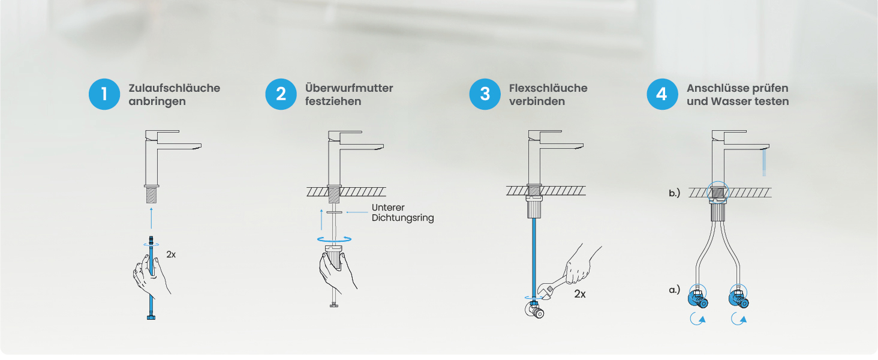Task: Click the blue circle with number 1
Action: tap(104, 94)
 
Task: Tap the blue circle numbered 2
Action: tap(281, 94)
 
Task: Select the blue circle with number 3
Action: tap(485, 94)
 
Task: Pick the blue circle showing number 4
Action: tap(662, 94)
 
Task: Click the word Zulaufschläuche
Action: tap(175, 88)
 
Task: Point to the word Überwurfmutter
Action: tap(349, 88)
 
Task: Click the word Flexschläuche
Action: tap(548, 88)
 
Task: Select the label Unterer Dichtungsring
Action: tap(402, 212)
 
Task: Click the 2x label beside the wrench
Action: tap(580, 294)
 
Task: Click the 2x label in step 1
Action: tap(171, 254)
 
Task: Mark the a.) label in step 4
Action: tap(674, 290)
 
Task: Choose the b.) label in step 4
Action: tap(674, 193)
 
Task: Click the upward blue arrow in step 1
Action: tap(151, 218)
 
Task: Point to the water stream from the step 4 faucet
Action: tap(764, 163)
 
